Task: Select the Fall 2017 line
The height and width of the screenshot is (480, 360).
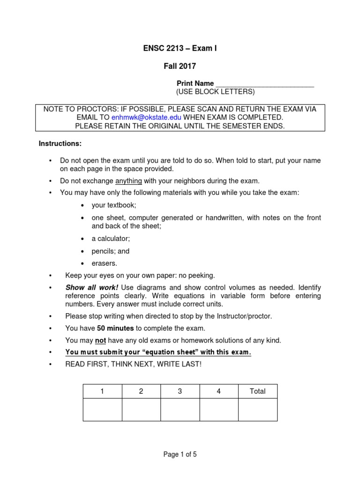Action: (x=180, y=67)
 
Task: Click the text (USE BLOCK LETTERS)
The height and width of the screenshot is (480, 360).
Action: (x=215, y=91)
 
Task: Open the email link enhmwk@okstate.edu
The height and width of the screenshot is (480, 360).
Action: (x=146, y=117)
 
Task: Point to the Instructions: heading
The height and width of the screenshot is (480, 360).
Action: (x=60, y=143)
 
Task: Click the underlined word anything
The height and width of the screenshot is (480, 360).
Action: (x=128, y=180)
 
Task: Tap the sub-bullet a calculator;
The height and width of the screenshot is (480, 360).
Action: (x=111, y=239)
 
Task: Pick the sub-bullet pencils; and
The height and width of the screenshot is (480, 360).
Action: (x=111, y=251)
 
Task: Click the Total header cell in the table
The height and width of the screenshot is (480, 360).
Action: (x=257, y=391)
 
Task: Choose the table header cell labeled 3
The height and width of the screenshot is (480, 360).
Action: (x=180, y=391)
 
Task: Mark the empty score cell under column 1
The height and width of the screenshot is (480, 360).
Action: (x=102, y=410)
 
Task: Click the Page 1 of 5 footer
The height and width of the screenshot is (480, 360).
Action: (x=180, y=454)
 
